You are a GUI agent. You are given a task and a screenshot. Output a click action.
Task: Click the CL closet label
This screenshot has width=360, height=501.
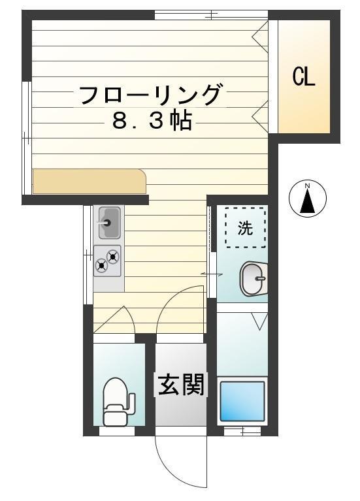(x=304, y=76)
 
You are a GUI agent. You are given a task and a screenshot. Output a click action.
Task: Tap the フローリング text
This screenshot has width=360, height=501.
(x=150, y=95)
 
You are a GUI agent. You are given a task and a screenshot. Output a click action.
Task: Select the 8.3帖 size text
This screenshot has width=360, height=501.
(x=152, y=121)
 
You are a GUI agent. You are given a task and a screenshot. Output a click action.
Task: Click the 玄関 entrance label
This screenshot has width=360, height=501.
(x=181, y=384)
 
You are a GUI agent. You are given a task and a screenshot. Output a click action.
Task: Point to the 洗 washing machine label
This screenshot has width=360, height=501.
(x=245, y=228)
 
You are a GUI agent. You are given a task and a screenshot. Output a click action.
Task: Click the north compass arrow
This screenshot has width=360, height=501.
(x=308, y=201)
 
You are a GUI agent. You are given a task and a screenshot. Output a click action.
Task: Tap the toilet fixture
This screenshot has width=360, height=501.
(x=118, y=402)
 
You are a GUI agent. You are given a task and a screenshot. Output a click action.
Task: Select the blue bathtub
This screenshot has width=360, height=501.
(x=242, y=401)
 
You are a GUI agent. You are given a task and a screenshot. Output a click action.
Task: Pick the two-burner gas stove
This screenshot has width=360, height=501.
(x=107, y=261)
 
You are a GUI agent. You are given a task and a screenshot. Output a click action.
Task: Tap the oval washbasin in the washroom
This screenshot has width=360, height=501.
(x=254, y=279)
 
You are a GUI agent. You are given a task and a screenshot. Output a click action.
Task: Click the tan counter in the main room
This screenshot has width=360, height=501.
(x=90, y=181)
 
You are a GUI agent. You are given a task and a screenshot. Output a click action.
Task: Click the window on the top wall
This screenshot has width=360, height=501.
(x=211, y=15)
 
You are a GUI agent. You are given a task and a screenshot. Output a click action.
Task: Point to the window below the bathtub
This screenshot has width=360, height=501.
(x=242, y=431)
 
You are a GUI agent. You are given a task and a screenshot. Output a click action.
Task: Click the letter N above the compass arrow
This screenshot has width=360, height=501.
(x=307, y=186)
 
